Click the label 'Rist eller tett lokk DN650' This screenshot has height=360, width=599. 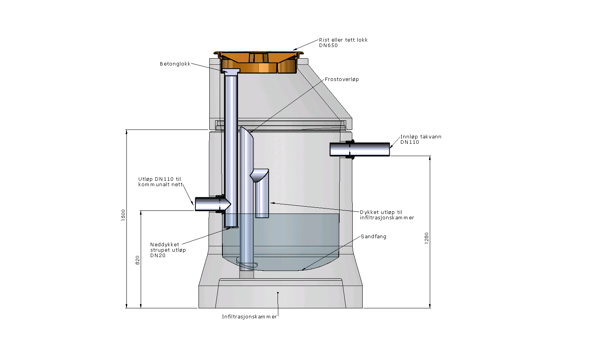343,42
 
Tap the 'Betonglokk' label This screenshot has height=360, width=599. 175,64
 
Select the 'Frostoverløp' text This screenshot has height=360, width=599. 342,79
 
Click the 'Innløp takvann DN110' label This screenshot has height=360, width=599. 421,140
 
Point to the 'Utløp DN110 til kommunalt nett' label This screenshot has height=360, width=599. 161,182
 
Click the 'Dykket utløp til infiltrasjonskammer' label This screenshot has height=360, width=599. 387,215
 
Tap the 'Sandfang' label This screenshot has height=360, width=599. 373,236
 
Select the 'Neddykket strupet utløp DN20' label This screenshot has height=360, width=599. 168,250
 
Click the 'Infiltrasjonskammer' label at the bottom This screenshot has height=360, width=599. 249,317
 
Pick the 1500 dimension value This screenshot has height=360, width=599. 123,215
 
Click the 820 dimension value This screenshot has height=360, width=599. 138,260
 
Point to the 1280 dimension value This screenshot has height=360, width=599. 427,238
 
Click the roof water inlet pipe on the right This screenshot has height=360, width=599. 359,149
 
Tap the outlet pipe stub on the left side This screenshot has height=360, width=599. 213,204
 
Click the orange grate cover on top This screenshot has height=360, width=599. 259,62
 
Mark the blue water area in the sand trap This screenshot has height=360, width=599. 281,241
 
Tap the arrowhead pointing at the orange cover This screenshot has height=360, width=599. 295,49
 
